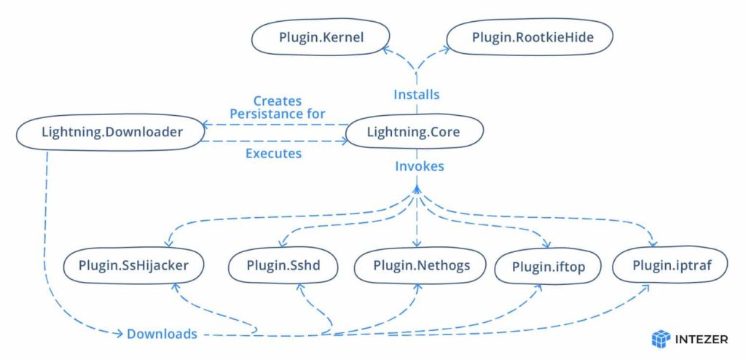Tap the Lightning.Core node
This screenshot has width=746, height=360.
pos(413,132)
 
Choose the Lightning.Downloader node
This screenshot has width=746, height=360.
pos(109,132)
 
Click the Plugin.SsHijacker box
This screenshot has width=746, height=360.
pos(133,266)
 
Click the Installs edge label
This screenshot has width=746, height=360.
pos(416,95)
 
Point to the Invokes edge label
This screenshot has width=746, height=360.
pos(419,166)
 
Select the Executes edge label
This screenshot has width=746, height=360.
pos(273,154)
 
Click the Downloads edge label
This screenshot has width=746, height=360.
pos(162,334)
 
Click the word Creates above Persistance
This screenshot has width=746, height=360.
pos(277,101)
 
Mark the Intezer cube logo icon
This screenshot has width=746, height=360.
pos(660,339)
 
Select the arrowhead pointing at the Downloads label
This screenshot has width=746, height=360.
pos(120,334)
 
